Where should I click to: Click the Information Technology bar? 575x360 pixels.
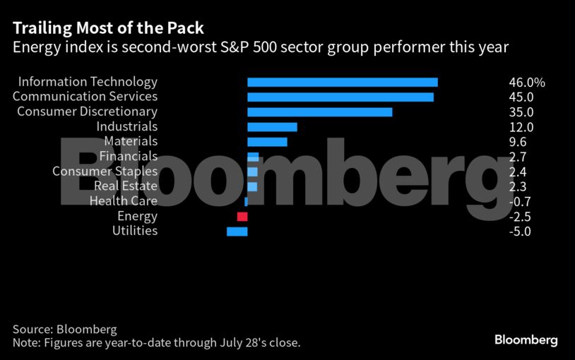click(x=343, y=83)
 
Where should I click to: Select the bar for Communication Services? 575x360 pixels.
click(x=340, y=97)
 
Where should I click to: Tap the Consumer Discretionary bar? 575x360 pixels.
click(x=319, y=112)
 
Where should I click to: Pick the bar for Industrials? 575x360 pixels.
click(x=272, y=127)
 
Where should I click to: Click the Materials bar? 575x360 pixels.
click(x=267, y=142)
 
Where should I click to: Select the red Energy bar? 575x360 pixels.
click(x=242, y=217)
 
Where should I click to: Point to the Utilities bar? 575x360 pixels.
click(x=237, y=232)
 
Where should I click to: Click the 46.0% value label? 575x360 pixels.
click(x=526, y=83)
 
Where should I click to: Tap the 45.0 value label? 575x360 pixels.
click(x=521, y=97)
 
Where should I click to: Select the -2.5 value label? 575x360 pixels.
click(x=520, y=217)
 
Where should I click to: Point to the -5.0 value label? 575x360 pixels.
click(x=520, y=232)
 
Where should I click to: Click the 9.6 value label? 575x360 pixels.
click(x=518, y=142)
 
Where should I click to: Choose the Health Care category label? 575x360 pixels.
click(x=124, y=201)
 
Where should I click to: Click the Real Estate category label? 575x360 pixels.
click(x=126, y=186)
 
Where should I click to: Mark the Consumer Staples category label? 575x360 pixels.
click(x=105, y=172)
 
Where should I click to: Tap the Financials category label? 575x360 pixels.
click(x=129, y=157)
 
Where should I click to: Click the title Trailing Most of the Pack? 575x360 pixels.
click(x=108, y=29)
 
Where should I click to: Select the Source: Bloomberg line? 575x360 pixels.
click(x=64, y=330)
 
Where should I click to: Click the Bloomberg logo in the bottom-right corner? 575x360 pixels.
click(x=526, y=340)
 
